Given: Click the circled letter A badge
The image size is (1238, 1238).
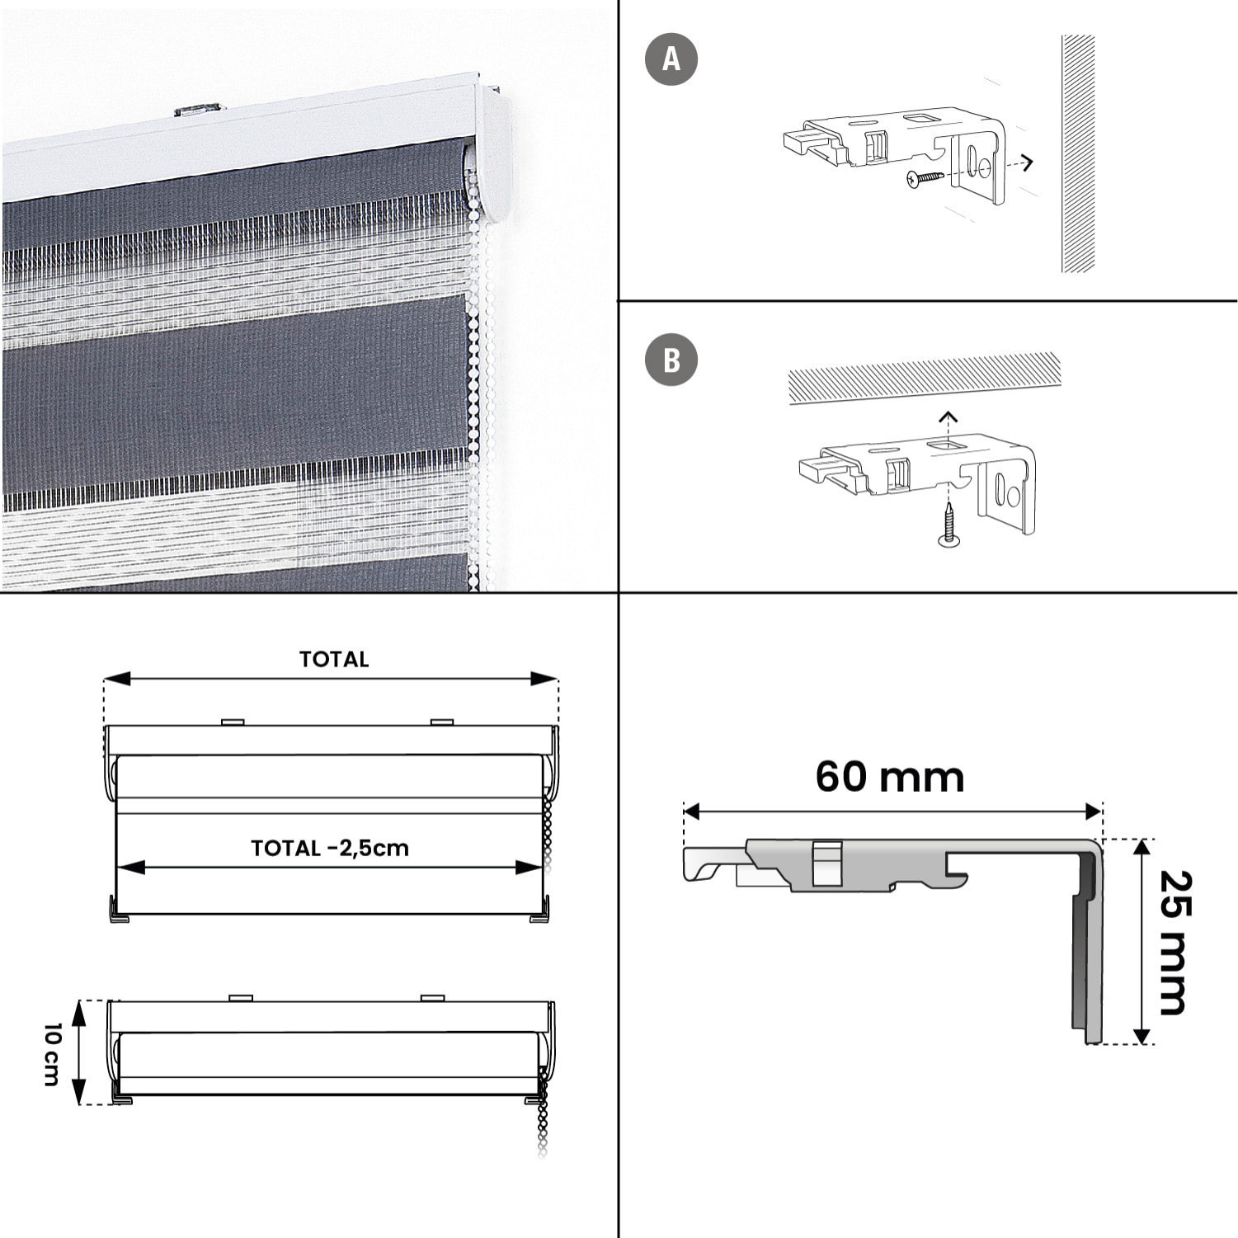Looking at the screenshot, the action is tap(671, 59).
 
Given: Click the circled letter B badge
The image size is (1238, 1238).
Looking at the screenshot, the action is tap(671, 360).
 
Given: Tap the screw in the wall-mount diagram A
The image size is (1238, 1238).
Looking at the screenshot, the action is tap(925, 177).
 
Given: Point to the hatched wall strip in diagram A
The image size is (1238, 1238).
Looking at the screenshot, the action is tap(1078, 153).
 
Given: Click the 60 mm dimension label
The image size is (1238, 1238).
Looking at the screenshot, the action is tap(890, 776).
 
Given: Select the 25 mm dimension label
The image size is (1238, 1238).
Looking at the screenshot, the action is tap(1175, 942).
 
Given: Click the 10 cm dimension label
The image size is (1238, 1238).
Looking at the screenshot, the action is tap(52, 1054).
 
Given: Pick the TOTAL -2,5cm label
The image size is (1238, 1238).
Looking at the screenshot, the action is tap(330, 848).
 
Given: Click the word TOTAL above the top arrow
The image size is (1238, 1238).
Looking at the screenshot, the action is tap(334, 659).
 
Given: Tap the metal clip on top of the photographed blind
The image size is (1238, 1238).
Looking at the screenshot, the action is tap(197, 110).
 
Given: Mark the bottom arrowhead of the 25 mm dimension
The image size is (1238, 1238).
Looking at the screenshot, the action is tap(1142, 1034).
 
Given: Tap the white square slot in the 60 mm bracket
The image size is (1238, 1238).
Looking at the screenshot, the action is tap(827, 863).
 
